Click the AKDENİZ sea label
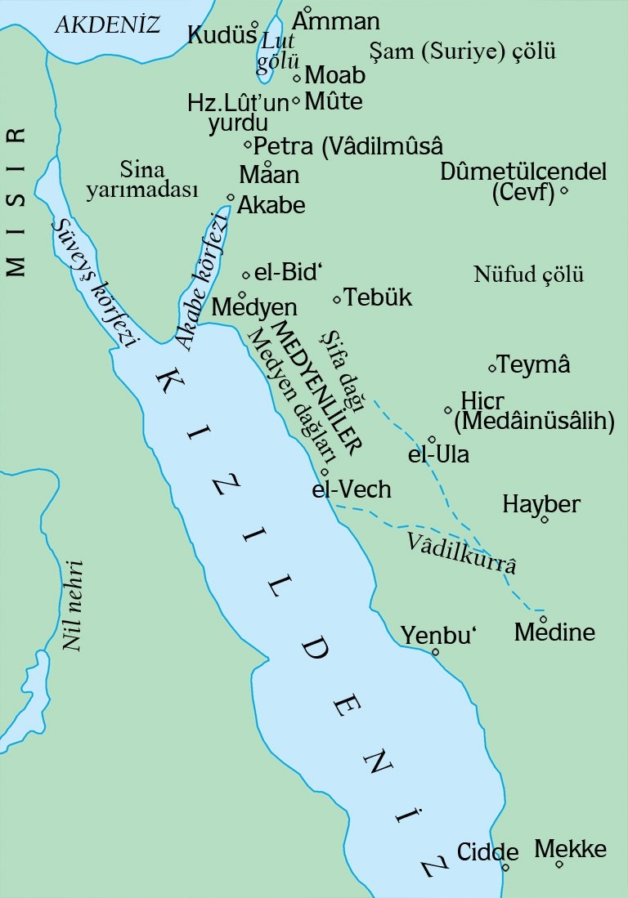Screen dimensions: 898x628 pos(106,25)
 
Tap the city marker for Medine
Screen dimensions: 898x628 pos(541,619)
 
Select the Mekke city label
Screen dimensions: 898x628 pos(571,849)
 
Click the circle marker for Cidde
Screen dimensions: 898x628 pos(506,868)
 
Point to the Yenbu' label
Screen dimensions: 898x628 pos(439,634)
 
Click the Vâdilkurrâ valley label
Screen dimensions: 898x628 pos(462,552)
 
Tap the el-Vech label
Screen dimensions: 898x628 pos(352,489)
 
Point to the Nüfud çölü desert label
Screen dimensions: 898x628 pos(529,275)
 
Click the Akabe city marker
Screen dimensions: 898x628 pos(231,197)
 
